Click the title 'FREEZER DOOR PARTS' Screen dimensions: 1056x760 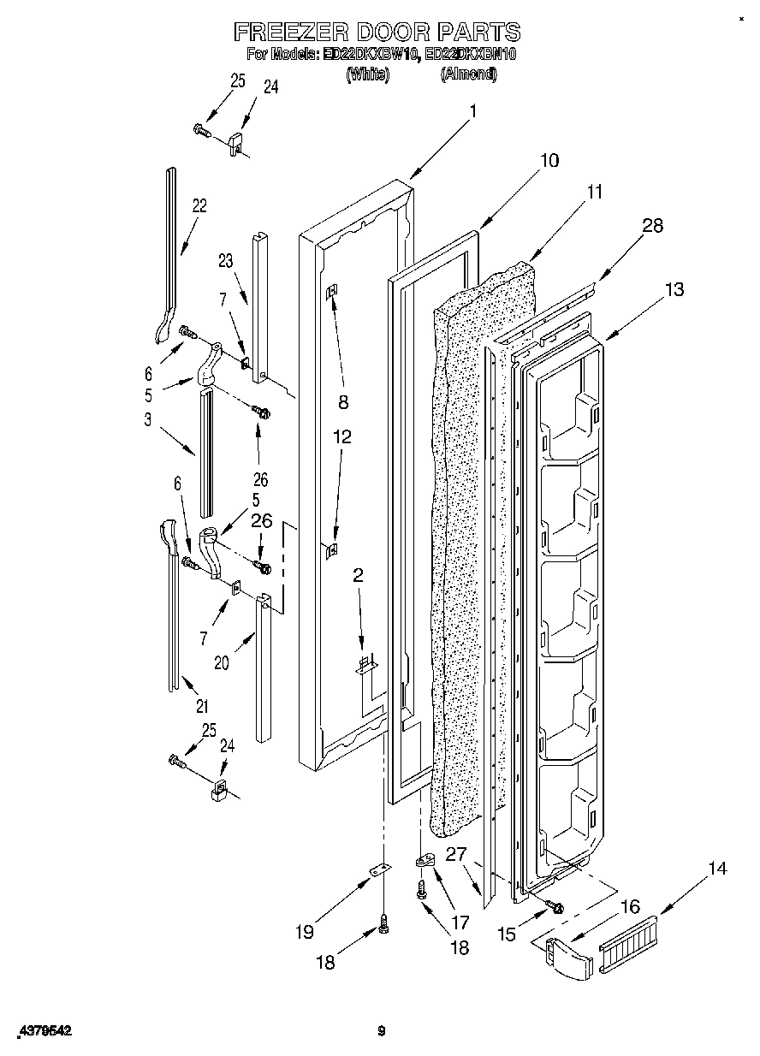[x=377, y=33]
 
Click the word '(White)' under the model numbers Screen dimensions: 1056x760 [x=367, y=74]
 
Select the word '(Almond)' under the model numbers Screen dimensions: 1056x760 [x=468, y=74]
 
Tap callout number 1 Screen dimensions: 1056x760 [x=472, y=110]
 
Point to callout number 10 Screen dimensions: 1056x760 [x=549, y=160]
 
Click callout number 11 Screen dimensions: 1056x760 [x=594, y=193]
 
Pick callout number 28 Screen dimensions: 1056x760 [x=652, y=226]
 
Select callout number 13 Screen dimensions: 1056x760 [x=674, y=290]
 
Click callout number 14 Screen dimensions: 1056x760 [x=716, y=869]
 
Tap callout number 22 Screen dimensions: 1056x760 [x=199, y=205]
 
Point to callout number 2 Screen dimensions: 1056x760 [x=358, y=575]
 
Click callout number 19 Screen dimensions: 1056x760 [x=304, y=932]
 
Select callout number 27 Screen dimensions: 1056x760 [x=455, y=854]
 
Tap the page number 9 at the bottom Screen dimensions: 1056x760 [x=382, y=1032]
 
